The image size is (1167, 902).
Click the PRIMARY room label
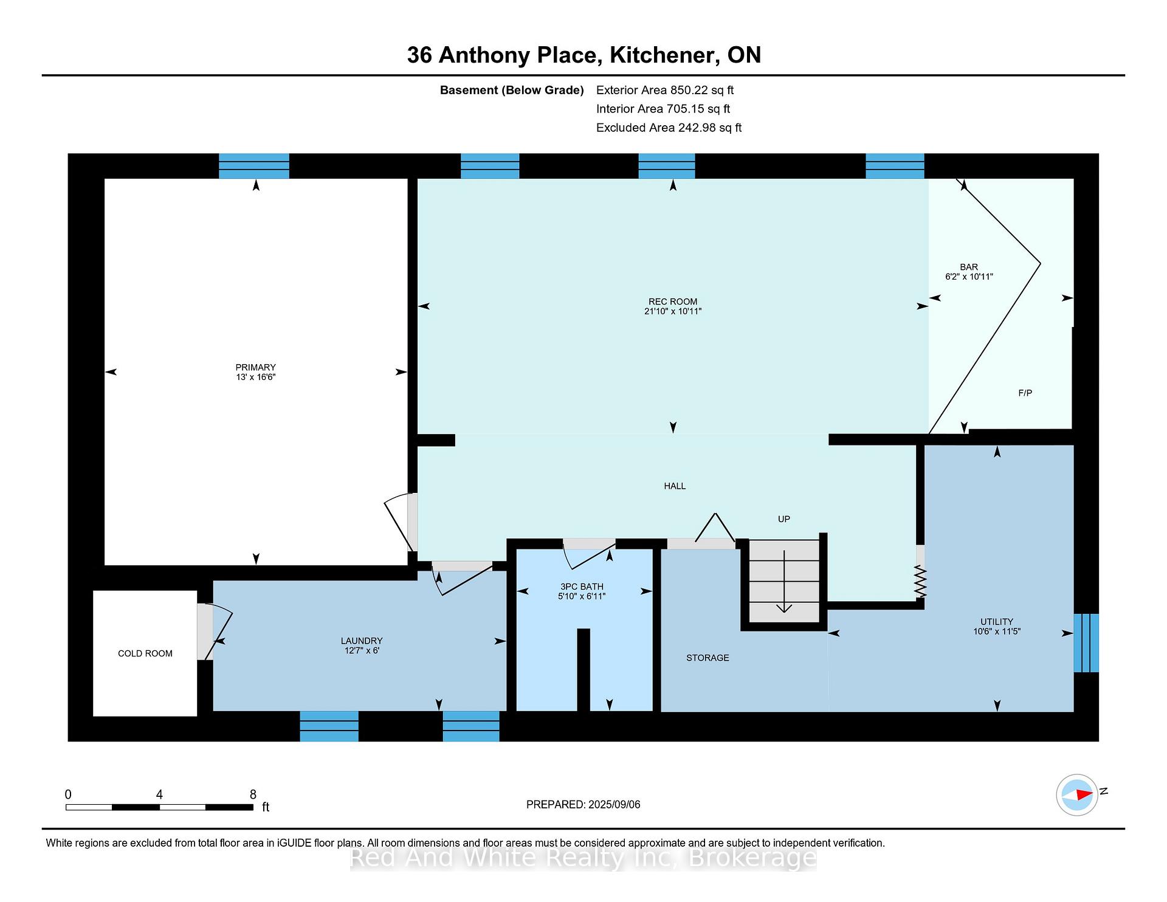click(x=256, y=367)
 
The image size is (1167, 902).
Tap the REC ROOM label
click(x=673, y=301)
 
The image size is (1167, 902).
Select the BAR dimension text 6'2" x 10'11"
click(x=969, y=277)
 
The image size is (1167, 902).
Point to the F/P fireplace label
click(x=1025, y=393)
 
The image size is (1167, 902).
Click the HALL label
click(x=675, y=486)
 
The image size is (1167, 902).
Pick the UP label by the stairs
click(x=784, y=519)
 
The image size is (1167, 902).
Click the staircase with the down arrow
click(x=784, y=581)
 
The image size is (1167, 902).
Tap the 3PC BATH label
click(x=582, y=587)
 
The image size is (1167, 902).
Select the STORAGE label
click(x=707, y=658)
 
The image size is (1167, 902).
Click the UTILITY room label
click(x=996, y=622)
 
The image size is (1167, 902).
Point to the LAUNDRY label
click(x=362, y=641)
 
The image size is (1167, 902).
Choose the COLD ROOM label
click(x=145, y=653)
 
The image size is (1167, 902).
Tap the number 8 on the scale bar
click(x=253, y=794)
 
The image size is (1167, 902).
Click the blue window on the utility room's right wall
click(x=1086, y=643)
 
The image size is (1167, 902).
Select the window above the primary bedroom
click(x=254, y=166)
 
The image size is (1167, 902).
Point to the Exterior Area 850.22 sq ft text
click(x=665, y=90)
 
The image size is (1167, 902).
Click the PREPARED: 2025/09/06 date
click(x=583, y=805)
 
